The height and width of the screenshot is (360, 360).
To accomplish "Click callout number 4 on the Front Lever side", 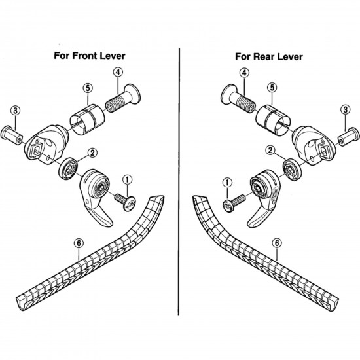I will pyautogui.click(x=118, y=75).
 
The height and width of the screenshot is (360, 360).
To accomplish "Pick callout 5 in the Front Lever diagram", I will pyautogui.click(x=88, y=87).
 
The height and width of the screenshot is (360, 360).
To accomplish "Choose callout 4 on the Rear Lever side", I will pyautogui.click(x=243, y=73).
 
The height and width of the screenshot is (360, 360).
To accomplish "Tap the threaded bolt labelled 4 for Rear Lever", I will pyautogui.click(x=238, y=100).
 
